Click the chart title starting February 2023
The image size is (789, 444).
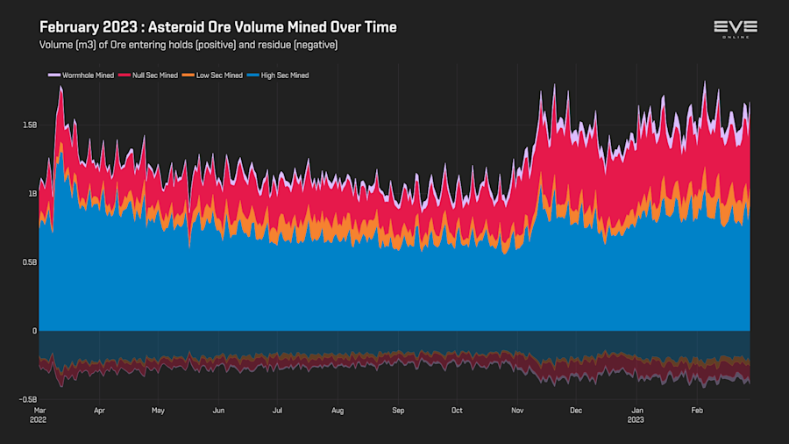218,27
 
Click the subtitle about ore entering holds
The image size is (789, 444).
188,44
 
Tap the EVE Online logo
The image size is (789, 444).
736,29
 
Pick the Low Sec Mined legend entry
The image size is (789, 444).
215,75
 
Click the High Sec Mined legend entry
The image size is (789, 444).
280,75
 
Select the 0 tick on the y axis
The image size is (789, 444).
34,331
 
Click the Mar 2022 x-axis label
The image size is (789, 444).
39,414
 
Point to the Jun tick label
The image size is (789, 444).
218,410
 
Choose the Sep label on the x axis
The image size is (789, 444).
398,410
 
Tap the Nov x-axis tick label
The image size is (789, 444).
517,410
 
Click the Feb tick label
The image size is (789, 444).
698,410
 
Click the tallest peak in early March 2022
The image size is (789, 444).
60,88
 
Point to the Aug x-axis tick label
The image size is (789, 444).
338,410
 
